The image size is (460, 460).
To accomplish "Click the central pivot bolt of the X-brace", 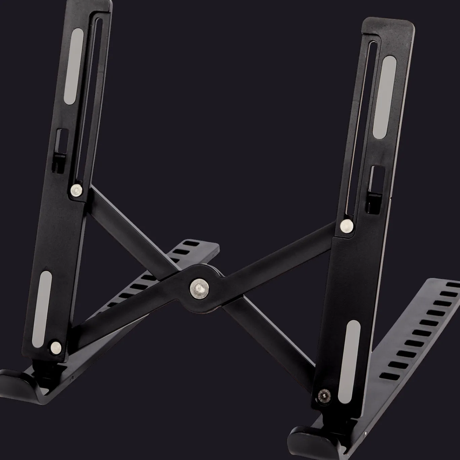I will (x=197, y=287).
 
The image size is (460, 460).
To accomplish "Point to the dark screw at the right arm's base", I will (x=324, y=394).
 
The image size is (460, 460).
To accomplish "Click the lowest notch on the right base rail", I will (x=389, y=376).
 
